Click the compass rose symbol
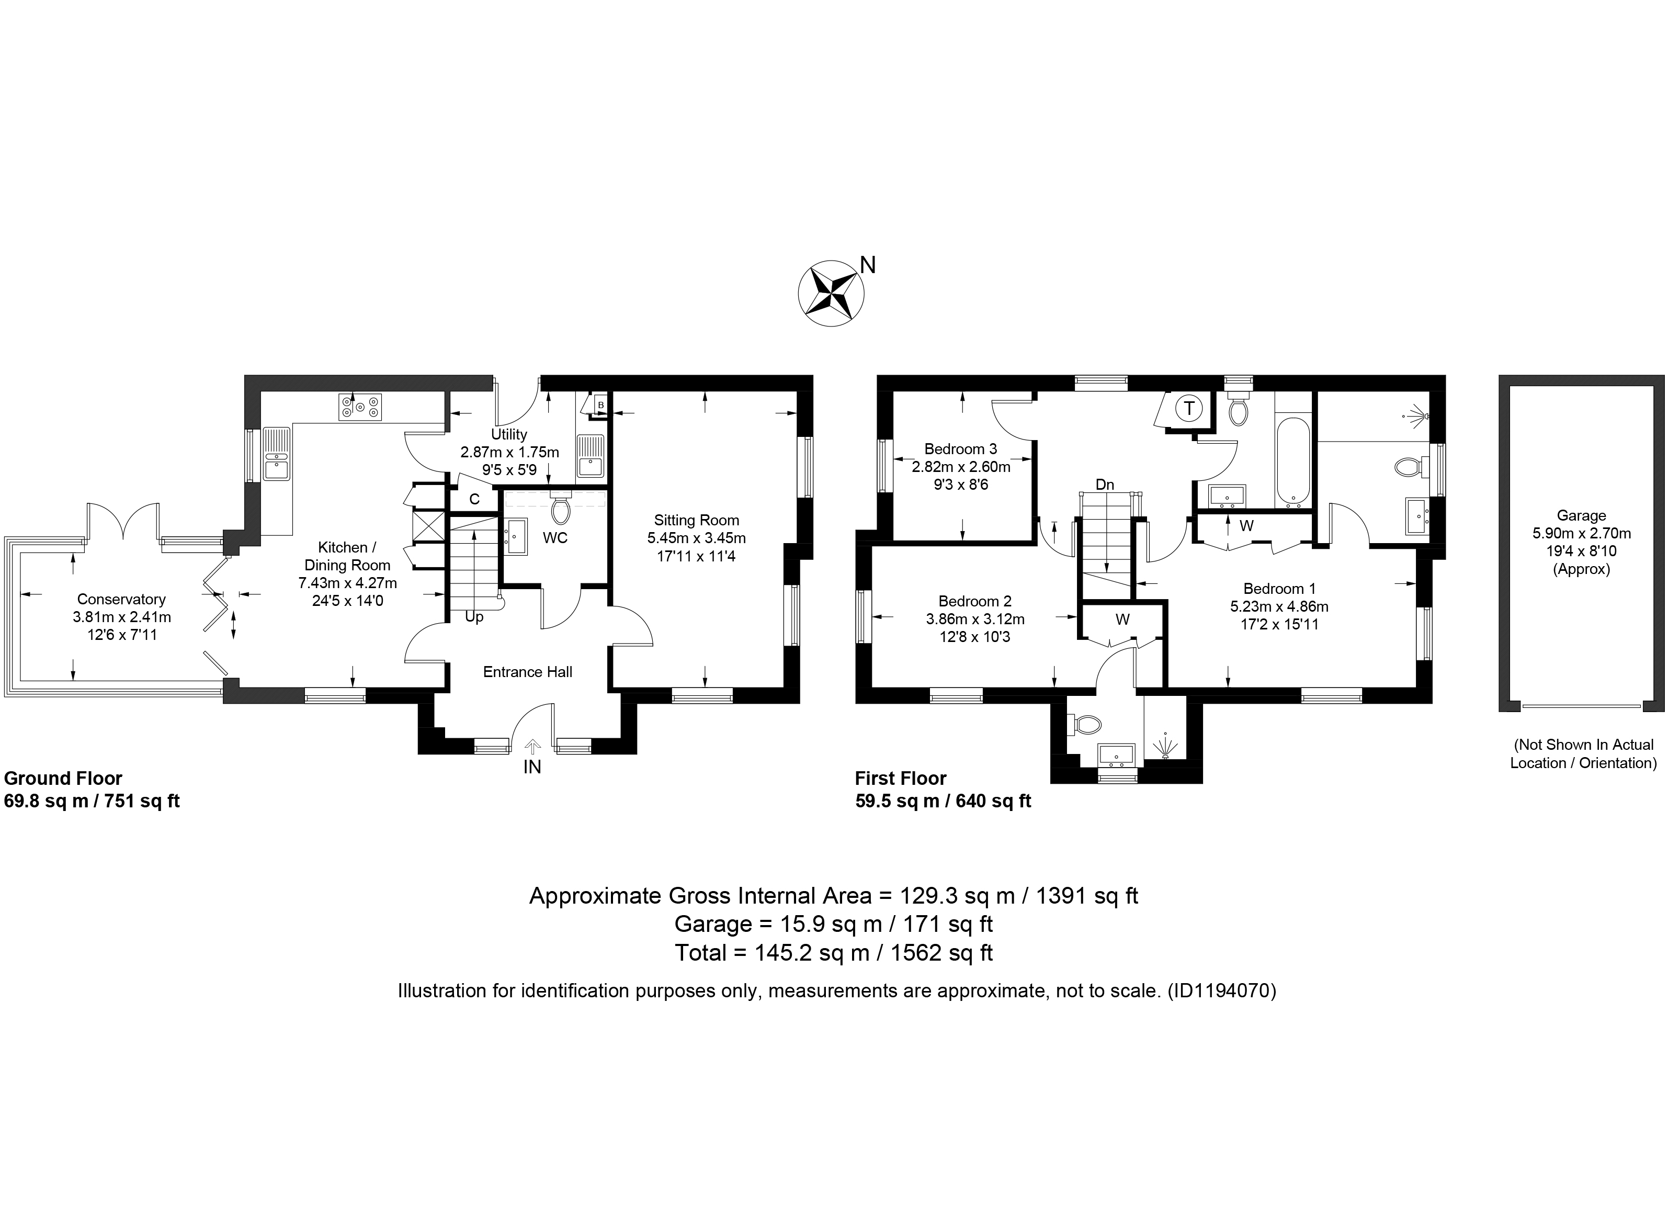coord(831,293)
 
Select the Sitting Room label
coord(697,521)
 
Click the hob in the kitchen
coord(360,408)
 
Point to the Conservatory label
coord(121,600)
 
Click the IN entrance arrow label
coord(532,767)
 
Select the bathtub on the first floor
coord(1291,464)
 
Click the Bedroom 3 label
coord(960,449)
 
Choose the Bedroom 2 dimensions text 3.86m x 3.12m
coord(975,620)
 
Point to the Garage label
coord(1581,516)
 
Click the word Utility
coord(509,435)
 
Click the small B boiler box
coord(600,404)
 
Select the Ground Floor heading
coord(63,779)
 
